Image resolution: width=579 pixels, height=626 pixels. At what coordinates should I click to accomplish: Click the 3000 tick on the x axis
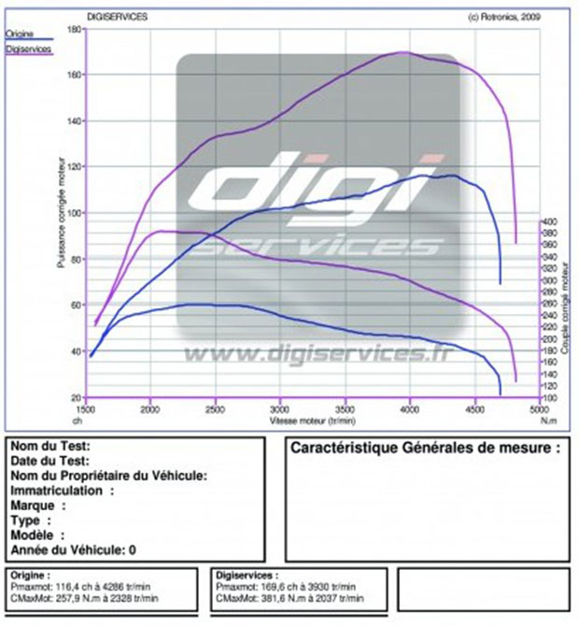(x=280, y=409)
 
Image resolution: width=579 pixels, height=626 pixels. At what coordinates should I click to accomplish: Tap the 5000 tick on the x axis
(x=538, y=409)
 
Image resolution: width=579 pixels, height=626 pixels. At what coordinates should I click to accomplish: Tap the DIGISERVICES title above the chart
(x=117, y=16)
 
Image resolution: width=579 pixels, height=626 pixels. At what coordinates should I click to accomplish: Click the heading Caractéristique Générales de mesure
(x=425, y=448)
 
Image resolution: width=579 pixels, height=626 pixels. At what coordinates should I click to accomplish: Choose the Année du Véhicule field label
(x=71, y=549)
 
